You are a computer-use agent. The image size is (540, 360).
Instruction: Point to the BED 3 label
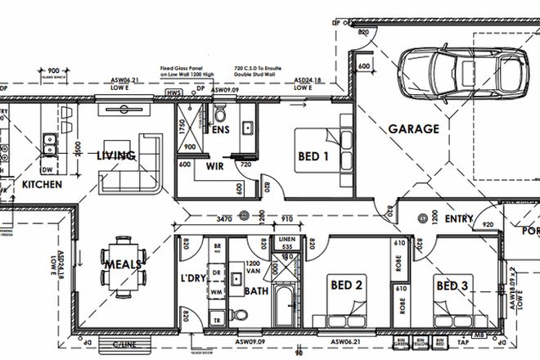(452, 286)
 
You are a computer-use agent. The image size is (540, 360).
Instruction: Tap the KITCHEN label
(41, 185)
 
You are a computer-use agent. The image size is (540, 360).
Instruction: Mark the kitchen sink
(48, 143)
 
